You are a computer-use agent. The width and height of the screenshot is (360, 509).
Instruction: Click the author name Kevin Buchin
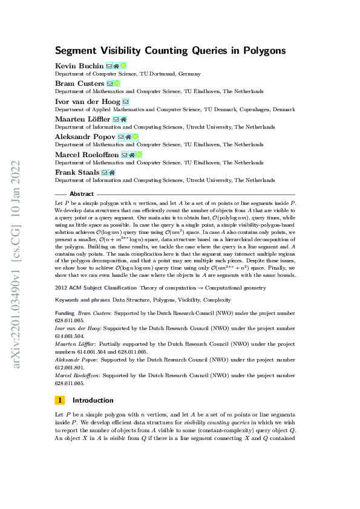79,65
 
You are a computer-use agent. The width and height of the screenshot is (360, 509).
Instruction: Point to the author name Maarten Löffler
83,120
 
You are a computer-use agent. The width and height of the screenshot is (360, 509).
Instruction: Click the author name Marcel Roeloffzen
87,155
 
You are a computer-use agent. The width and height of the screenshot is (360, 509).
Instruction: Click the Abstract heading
82,194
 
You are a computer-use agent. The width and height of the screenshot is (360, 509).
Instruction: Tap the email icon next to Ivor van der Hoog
126,102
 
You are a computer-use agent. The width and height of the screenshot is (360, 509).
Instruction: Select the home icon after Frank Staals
112,173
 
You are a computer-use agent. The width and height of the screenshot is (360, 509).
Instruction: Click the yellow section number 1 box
60,400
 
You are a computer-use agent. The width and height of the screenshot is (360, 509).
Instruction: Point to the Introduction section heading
93,400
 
